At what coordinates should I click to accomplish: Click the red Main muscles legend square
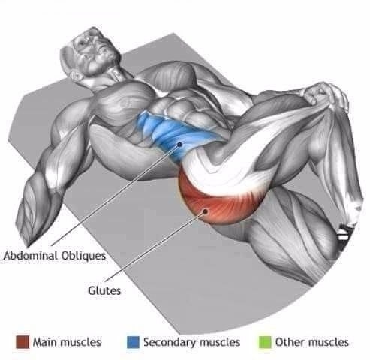23,342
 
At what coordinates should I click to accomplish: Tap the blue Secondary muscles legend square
133,342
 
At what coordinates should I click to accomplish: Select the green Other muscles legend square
265,342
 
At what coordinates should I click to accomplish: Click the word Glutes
104,290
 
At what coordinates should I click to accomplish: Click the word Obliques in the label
83,256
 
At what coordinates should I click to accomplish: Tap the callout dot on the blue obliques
179,144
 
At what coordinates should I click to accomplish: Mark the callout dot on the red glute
206,211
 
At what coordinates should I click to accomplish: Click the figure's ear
75,75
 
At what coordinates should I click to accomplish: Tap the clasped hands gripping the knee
325,95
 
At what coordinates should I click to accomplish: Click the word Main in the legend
46,342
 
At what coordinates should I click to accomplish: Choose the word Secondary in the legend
170,342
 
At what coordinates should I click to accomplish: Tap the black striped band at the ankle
344,232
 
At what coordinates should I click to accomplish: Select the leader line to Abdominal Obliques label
116,194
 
